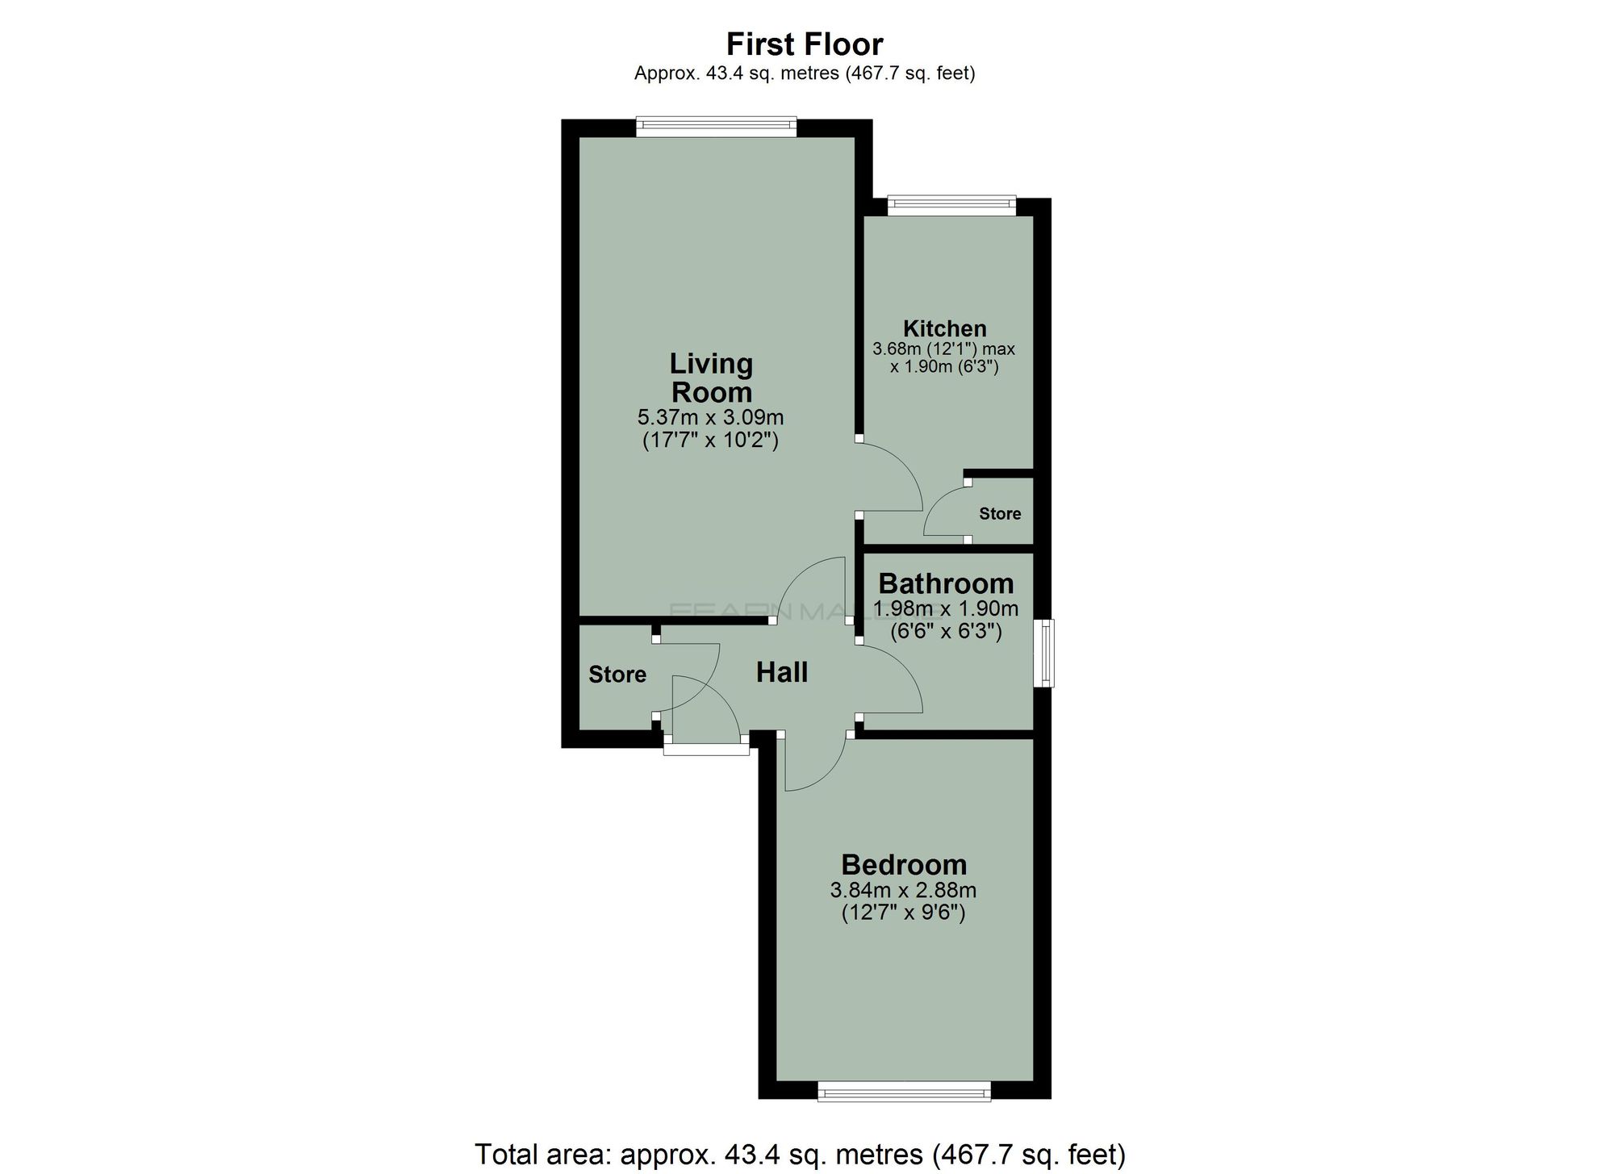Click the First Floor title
click(805, 44)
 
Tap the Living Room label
click(711, 378)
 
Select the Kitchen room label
click(944, 328)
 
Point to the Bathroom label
click(946, 583)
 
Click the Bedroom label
click(904, 864)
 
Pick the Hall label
click(782, 672)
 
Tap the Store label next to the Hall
click(617, 675)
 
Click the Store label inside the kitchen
click(1000, 514)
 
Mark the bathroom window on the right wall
click(1046, 653)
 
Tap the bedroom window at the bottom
click(904, 1093)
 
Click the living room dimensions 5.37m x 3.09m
click(710, 418)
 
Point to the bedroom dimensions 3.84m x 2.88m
click(903, 891)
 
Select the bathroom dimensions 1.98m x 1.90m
click(946, 608)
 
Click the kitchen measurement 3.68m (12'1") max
click(943, 350)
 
